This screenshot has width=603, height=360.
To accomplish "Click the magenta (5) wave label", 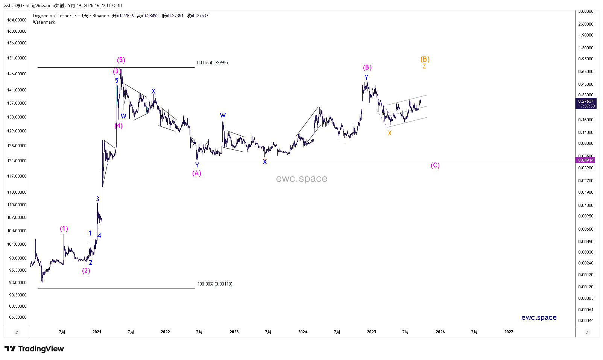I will click(121, 60).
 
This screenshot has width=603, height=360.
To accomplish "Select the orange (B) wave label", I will click(425, 59).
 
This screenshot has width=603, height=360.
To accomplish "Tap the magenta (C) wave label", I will click(435, 166).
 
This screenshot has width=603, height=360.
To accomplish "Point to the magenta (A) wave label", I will click(197, 173).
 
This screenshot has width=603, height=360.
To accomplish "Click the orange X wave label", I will click(390, 133).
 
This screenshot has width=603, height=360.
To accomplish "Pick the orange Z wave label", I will click(424, 67).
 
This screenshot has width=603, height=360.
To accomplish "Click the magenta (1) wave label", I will click(64, 229).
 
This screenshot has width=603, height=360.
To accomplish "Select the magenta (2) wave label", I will click(86, 271).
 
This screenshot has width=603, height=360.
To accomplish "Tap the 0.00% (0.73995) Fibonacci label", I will click(212, 63).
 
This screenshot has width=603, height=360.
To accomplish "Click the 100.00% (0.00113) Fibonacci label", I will click(215, 284).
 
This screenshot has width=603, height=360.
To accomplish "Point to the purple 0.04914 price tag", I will click(586, 160).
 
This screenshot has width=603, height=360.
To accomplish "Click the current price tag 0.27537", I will click(586, 101).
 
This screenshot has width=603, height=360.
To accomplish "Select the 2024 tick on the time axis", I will click(302, 332).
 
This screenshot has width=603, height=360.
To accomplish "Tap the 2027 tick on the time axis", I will click(509, 332).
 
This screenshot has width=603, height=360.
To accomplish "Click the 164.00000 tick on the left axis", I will click(17, 20).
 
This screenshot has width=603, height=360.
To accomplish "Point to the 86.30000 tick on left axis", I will click(18, 317).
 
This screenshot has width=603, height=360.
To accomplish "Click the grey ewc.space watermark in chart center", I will click(301, 179).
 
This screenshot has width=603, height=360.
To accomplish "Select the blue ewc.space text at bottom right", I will click(539, 317).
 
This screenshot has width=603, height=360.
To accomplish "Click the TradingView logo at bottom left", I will click(34, 349).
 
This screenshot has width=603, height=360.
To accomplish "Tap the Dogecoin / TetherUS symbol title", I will click(55, 16).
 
